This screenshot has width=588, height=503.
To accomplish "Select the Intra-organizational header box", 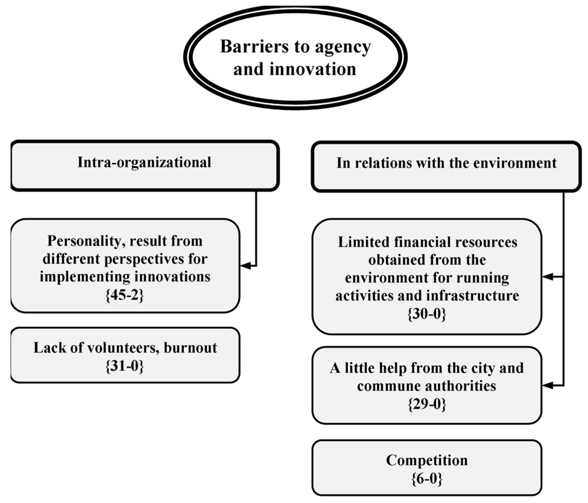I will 145,165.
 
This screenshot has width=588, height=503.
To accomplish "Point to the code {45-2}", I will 125,295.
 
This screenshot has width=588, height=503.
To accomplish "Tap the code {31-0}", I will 125,366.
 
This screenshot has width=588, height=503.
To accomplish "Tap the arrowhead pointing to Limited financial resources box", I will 547,276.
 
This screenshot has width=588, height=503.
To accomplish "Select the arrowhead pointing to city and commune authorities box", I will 547,385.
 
